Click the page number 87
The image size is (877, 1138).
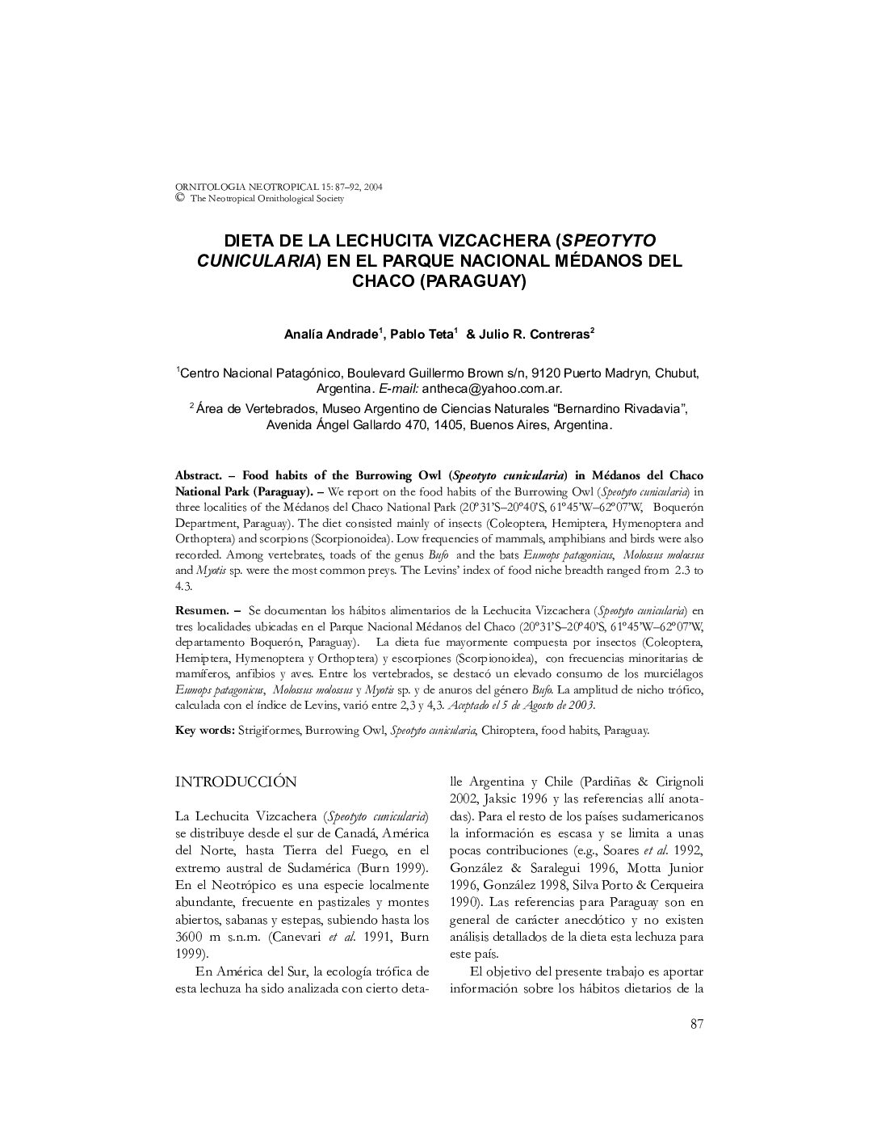click(x=697, y=1025)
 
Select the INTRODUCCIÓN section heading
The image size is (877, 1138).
click(x=236, y=782)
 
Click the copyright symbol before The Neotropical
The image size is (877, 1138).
click(x=180, y=197)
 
